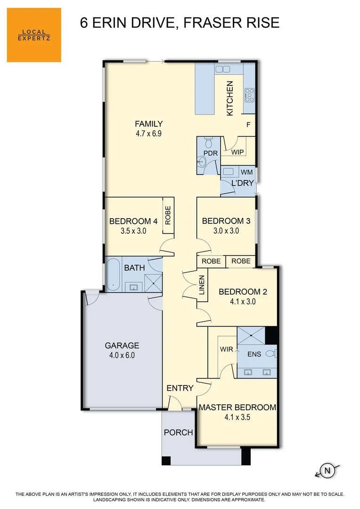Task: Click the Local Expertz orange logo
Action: coord(34,35)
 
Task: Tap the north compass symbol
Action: coord(326,470)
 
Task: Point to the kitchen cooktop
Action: coord(249,95)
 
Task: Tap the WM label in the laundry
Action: coord(246,172)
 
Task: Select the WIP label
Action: coord(237,152)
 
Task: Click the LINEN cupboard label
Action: coord(202,285)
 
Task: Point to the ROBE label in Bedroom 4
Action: coord(168,215)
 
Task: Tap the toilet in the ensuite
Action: coord(270,353)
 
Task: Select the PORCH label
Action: coord(178,432)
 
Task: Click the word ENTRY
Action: coord(180,388)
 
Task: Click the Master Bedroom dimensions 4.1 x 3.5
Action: coord(237,417)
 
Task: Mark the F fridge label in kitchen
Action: coord(248,124)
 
